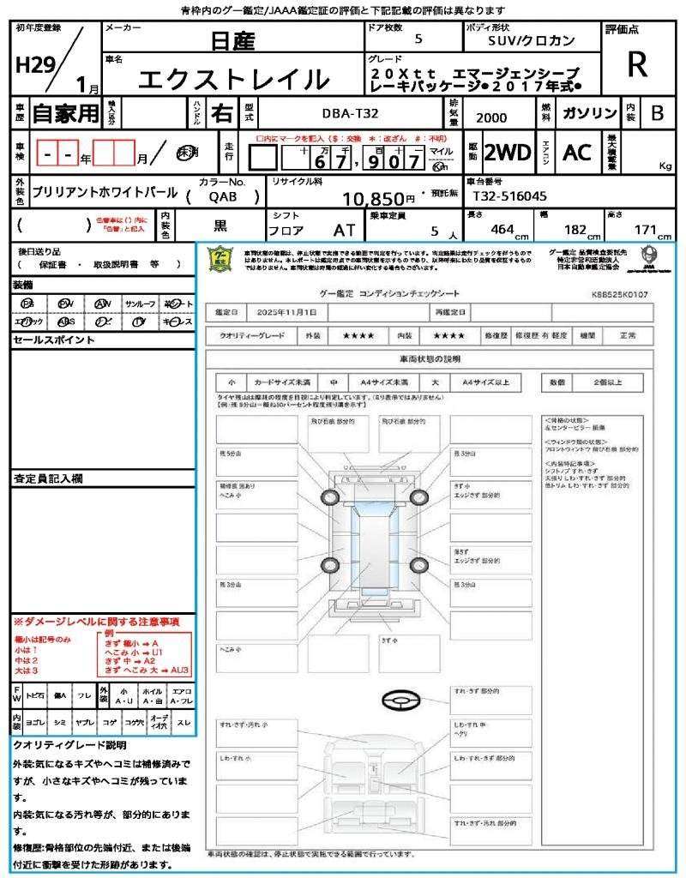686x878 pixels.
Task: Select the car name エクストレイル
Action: (233, 80)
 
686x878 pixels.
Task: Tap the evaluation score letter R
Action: (637, 63)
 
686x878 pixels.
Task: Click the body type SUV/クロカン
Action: (532, 40)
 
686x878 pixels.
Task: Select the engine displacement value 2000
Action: (491, 118)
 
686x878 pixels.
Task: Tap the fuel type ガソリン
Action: (590, 113)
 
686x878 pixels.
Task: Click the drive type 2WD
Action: (508, 153)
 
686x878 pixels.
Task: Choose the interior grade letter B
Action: (657, 113)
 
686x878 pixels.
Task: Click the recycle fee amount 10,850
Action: (379, 200)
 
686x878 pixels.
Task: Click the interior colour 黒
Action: (220, 226)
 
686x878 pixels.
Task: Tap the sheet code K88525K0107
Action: (620, 294)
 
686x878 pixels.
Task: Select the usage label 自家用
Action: (66, 113)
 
